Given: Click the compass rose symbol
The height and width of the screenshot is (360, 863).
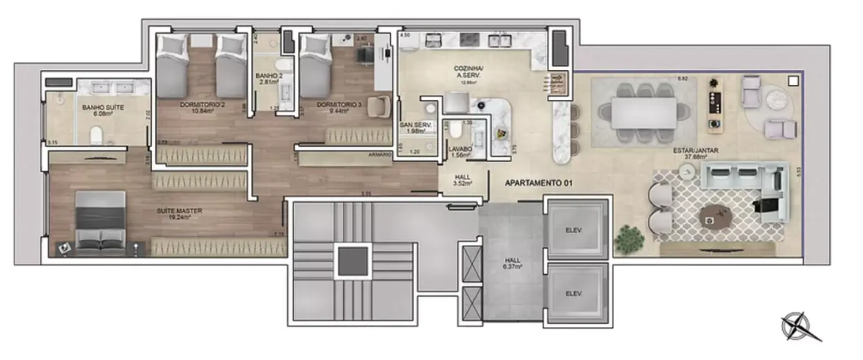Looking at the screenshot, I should [797, 326].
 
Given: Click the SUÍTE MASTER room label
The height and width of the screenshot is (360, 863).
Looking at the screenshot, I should [179, 211].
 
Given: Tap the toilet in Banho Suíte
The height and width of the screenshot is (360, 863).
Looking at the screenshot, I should [97, 135].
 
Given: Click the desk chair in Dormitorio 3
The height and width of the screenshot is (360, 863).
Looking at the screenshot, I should [380, 106].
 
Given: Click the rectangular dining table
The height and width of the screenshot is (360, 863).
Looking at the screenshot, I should [644, 112].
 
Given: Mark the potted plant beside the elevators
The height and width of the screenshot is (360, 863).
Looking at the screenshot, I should [629, 238].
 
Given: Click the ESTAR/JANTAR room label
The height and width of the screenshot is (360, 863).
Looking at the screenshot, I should [693, 150].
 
